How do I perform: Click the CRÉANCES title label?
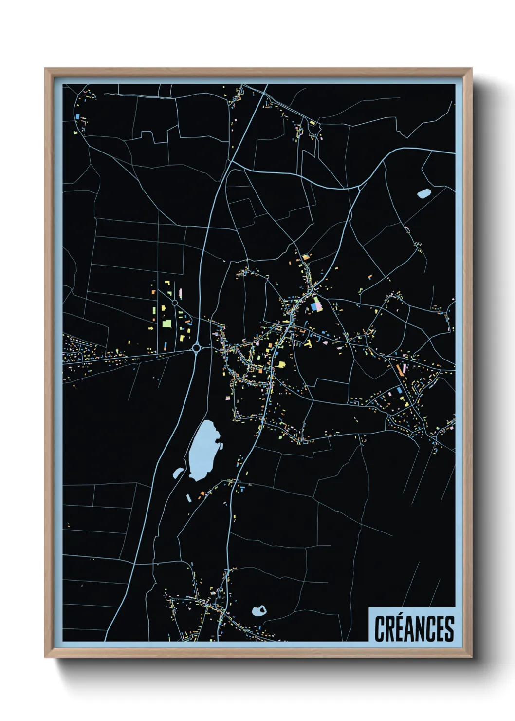[414, 628]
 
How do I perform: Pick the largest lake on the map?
[203, 450]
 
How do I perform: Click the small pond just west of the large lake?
[178, 472]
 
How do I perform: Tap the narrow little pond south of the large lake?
[188, 497]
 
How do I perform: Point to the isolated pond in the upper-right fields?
[423, 193]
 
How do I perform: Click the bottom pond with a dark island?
[258, 611]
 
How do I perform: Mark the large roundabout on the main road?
[196, 348]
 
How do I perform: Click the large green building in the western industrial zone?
[166, 323]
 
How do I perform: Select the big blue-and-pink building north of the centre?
[316, 305]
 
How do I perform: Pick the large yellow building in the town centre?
[281, 364]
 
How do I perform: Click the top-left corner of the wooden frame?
[45, 69]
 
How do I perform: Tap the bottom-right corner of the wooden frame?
[471, 657]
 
